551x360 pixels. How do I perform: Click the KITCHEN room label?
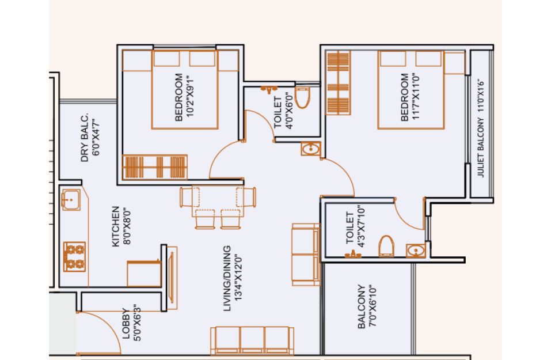tap(116, 227)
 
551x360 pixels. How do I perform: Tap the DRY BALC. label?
tap(84, 138)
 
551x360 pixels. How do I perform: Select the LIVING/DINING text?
tap(227, 278)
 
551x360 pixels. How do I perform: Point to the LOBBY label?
tap(126, 324)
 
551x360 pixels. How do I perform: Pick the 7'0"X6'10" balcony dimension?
tap(373, 306)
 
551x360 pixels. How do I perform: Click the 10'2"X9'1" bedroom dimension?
tap(189, 96)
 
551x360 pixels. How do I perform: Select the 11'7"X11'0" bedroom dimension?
tap(415, 97)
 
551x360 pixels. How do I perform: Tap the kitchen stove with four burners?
tap(74, 257)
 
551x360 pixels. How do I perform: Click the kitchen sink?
tap(71, 200)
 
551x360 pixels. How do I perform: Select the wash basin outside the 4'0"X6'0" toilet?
tap(311, 149)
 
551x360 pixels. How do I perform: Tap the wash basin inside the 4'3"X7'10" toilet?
tap(416, 251)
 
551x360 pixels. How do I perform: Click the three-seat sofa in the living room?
tap(252, 340)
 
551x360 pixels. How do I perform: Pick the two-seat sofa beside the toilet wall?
tap(306, 255)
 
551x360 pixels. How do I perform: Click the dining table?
tap(218, 201)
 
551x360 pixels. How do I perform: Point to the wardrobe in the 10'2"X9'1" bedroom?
tap(155, 167)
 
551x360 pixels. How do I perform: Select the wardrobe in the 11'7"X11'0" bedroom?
tap(338, 83)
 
